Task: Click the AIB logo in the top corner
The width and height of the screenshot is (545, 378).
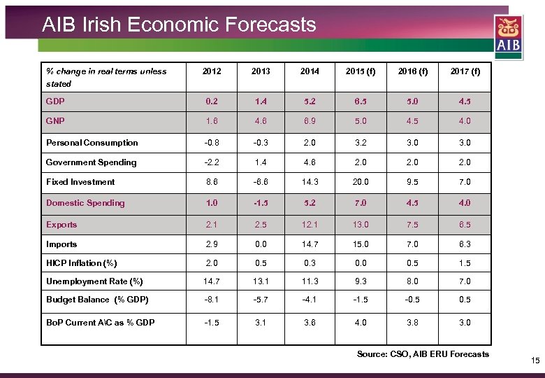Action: [508, 35]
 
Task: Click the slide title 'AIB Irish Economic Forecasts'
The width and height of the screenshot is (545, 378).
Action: [179, 25]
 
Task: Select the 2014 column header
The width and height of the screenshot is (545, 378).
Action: [309, 71]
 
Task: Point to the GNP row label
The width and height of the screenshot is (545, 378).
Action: [55, 120]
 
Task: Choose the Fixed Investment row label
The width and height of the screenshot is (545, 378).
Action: [80, 181]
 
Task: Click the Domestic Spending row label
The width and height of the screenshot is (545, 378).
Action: [85, 203]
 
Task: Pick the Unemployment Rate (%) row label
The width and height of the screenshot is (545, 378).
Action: [94, 281]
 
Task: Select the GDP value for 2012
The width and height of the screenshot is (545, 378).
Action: [211, 101]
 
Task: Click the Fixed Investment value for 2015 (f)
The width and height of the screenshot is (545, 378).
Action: [361, 181]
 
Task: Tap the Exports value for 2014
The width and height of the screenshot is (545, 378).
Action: [309, 225]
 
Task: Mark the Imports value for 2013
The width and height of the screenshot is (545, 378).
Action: [260, 244]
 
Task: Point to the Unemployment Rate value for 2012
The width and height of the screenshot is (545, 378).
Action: [211, 281]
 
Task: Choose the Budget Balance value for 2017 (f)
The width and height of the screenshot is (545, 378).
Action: [465, 300]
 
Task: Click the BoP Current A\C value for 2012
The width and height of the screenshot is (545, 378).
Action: [211, 322]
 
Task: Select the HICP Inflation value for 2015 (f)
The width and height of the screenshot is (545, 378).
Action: [361, 263]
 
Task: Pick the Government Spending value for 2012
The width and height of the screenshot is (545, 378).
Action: [211, 162]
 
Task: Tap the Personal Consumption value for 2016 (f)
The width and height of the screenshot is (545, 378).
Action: [413, 142]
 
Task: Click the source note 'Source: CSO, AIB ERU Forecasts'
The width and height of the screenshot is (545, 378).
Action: [423, 354]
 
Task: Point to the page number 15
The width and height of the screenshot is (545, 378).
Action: [535, 360]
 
